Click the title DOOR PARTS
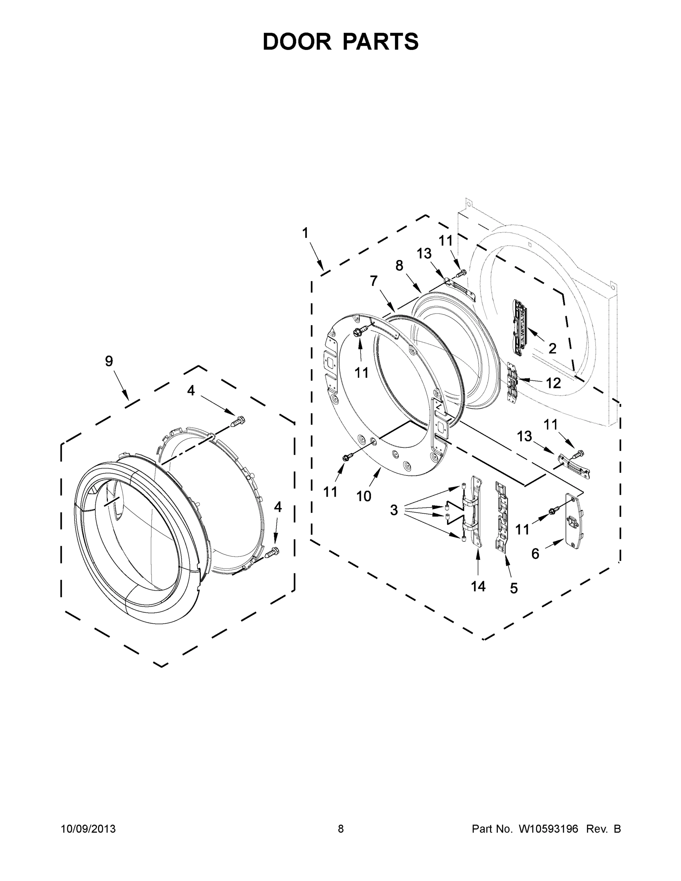tap(341, 41)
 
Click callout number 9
tap(109, 361)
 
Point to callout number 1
tap(305, 233)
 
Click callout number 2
tap(552, 348)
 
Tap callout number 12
tap(553, 383)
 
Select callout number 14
tap(478, 586)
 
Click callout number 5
tap(514, 588)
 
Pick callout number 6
tap(535, 554)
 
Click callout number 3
tap(394, 510)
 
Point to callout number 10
tap(363, 496)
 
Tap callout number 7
tap(374, 281)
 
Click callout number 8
tap(399, 265)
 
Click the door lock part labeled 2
tap(520, 327)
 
